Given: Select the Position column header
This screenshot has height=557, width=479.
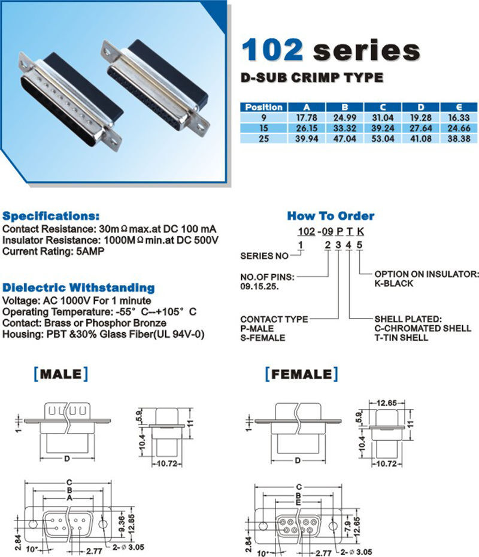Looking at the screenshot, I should pos(264,107).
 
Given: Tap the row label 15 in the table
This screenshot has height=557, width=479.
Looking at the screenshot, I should pos(264,128).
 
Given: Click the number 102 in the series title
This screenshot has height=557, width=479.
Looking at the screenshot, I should pos(272,50).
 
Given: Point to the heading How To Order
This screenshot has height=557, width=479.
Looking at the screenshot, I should pos(331,216).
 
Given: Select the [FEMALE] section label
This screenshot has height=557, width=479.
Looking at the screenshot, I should pos(302,374).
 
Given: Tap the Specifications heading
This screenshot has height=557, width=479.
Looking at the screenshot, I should pos(51,216).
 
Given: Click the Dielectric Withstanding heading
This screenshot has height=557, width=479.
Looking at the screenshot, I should pos(78,287).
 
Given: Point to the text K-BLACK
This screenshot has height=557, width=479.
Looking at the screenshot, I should pos(394,283).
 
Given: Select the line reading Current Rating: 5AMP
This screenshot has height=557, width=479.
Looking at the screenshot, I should pos(53,251).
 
